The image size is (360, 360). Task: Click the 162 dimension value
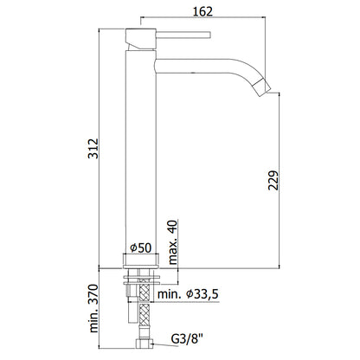coord(202,11)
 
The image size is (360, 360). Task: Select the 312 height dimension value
coord(93,149)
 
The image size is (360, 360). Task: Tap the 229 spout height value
coord(273,180)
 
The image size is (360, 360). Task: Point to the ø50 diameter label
coord(140,247)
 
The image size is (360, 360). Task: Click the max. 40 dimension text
coord(173,242)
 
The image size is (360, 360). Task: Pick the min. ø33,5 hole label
coord(188,294)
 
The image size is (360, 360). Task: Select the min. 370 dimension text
coord(93,308)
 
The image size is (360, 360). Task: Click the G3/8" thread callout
coord(187,339)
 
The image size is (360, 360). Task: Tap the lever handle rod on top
coord(183,35)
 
